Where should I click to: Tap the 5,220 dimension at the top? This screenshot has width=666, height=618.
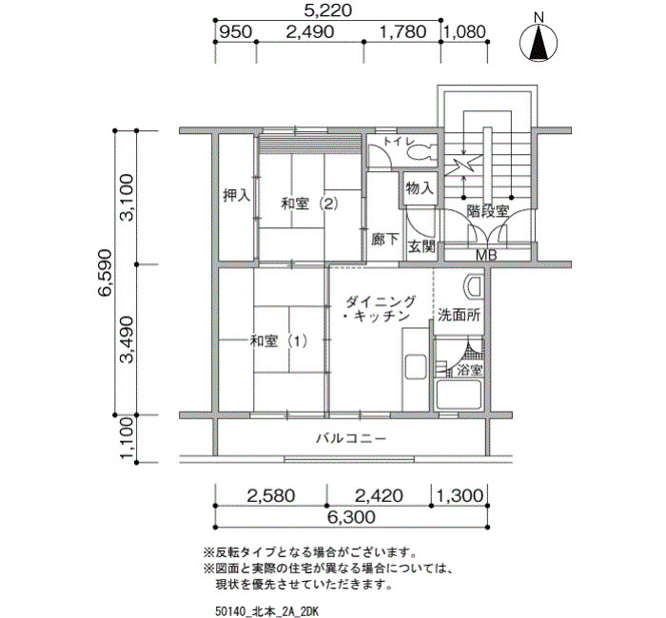(x=328, y=10)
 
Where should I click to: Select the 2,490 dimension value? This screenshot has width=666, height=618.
(x=309, y=31)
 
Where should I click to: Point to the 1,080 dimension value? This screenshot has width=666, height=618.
(x=466, y=31)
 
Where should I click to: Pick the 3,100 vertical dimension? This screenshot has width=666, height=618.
(x=127, y=197)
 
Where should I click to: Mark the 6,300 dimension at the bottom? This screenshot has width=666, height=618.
(x=352, y=517)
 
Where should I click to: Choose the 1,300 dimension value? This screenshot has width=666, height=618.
(x=460, y=495)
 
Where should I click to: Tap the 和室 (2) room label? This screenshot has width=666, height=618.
(x=309, y=204)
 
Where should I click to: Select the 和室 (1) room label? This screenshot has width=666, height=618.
(x=278, y=340)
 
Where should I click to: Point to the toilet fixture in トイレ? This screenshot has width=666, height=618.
(x=422, y=151)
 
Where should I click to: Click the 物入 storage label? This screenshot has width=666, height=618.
(x=420, y=187)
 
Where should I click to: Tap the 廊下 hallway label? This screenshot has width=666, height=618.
(x=384, y=240)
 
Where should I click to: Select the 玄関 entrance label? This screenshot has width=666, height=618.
(x=421, y=246)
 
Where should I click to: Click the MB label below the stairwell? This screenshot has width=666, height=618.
(x=486, y=255)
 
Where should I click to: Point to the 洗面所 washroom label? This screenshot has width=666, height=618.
(x=459, y=316)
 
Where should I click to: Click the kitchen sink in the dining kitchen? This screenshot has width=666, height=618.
(x=416, y=367)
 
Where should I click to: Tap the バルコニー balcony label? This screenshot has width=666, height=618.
(x=351, y=438)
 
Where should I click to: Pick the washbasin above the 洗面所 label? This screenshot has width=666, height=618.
(x=475, y=289)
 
